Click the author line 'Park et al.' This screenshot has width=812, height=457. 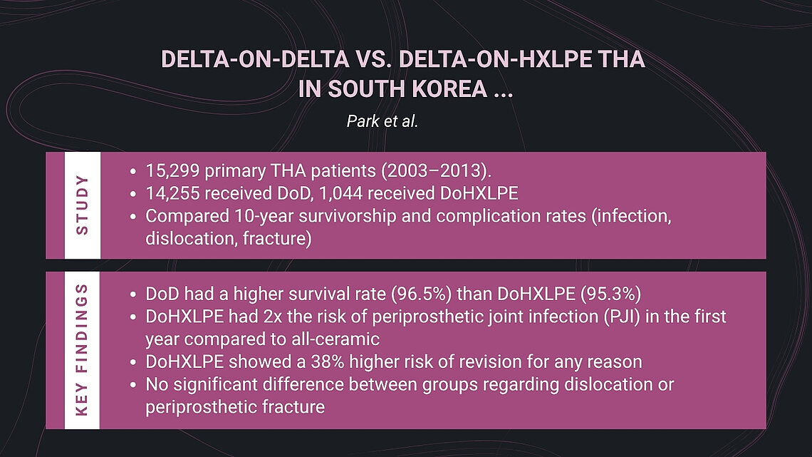(x=382, y=120)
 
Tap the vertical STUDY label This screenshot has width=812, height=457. (x=82, y=205)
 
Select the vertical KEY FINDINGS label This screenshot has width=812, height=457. (x=82, y=350)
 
